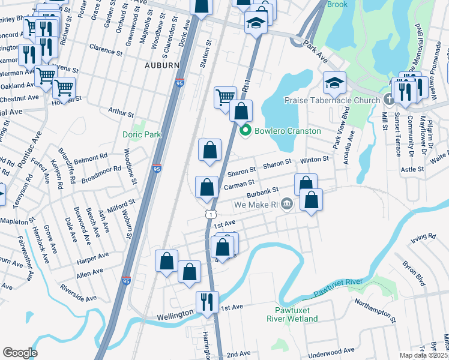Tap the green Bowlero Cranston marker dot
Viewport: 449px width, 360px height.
pos(245,131)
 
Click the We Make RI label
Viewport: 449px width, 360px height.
pos(256,205)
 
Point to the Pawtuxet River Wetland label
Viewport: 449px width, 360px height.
pos(292,314)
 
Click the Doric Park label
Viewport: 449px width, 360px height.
pos(142,135)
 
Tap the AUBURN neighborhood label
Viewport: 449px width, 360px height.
pos(161,65)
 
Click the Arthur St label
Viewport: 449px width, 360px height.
pos(120,111)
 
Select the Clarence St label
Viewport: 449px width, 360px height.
pos(105,46)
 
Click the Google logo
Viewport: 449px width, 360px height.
pos(20,353)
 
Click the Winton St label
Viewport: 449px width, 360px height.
pos(315,160)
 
